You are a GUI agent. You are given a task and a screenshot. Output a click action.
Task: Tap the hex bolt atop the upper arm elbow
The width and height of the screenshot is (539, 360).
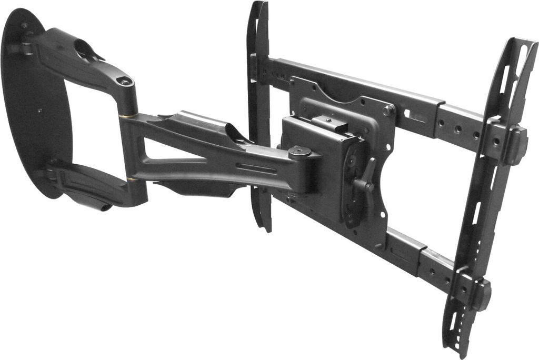coord(125,82)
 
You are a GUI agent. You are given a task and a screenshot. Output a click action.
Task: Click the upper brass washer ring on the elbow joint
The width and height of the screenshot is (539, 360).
coord(128,115)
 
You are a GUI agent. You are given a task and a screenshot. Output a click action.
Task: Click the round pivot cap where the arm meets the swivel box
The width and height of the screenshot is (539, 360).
coord(298,152)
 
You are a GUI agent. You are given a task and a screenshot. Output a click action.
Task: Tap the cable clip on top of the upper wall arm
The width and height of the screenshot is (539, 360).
coord(87,50)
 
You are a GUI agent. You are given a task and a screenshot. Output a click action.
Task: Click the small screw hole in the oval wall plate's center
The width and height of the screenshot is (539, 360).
coord(39,111)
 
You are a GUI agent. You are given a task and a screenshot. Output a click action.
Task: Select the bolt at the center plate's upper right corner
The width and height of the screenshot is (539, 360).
coord(387,111)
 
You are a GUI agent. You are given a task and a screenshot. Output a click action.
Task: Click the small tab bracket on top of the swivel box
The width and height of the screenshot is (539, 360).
coord(329,124)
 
